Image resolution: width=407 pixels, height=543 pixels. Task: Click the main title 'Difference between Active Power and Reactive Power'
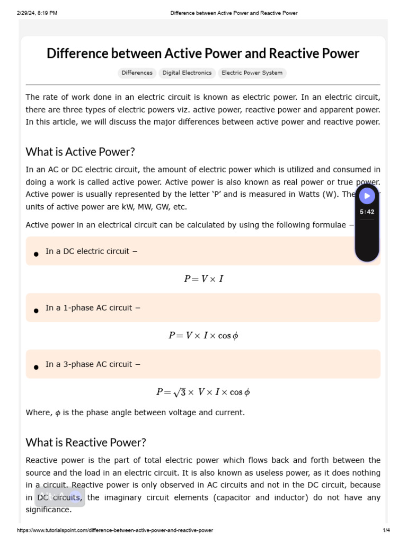click(203, 54)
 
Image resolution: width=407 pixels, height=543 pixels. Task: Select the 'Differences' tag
click(137, 73)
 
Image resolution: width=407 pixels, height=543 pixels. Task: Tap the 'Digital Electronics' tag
click(187, 73)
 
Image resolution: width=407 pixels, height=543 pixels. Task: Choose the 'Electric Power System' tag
click(252, 73)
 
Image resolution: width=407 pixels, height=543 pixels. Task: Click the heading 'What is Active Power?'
click(80, 152)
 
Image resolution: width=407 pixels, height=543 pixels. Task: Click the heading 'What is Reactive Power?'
click(85, 442)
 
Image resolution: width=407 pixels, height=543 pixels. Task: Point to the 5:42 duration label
click(367, 212)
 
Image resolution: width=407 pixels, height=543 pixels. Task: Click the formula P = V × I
click(203, 279)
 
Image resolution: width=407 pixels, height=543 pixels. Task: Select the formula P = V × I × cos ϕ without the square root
click(203, 336)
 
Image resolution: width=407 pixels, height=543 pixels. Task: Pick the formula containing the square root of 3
click(203, 392)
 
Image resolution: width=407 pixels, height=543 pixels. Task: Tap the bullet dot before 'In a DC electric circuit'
click(36, 254)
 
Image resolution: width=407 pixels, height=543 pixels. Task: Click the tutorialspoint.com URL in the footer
click(115, 530)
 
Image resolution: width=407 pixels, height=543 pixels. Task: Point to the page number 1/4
click(386, 530)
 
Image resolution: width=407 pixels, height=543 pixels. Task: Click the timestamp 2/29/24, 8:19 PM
click(37, 13)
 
